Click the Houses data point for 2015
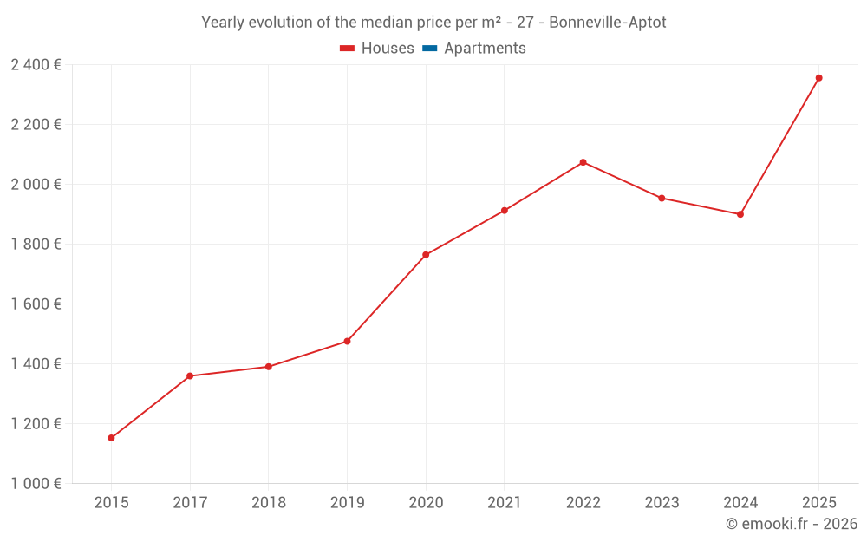(111, 438)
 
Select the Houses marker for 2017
(190, 376)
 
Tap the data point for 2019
(347, 342)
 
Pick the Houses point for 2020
(426, 255)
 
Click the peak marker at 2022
(583, 162)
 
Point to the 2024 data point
(740, 214)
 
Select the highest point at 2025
(818, 78)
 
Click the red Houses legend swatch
(348, 49)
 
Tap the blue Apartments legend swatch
(430, 49)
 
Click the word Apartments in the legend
(485, 49)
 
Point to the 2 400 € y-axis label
(36, 65)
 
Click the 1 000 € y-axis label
(36, 484)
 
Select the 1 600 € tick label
(36, 304)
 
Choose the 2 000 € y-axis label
(36, 185)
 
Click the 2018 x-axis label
(268, 503)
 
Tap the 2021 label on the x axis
(504, 503)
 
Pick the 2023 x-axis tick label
(662, 503)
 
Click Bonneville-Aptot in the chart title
(608, 23)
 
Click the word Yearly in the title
(223, 23)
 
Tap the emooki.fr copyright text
(792, 524)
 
